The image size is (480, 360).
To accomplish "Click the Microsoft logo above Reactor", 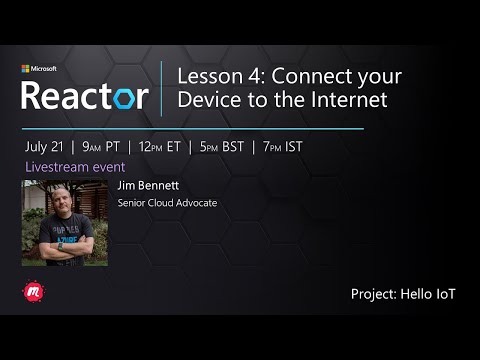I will point(26,69).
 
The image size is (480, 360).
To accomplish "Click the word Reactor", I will point(85,96).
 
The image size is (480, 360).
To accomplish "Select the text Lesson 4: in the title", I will point(213,76).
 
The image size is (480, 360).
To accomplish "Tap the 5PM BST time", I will point(223,147).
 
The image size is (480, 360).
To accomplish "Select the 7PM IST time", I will point(286,147).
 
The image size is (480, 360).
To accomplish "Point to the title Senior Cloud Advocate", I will point(167,203).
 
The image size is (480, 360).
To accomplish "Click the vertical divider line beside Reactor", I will point(162,88).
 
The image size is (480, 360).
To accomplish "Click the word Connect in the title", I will point(313,76).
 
